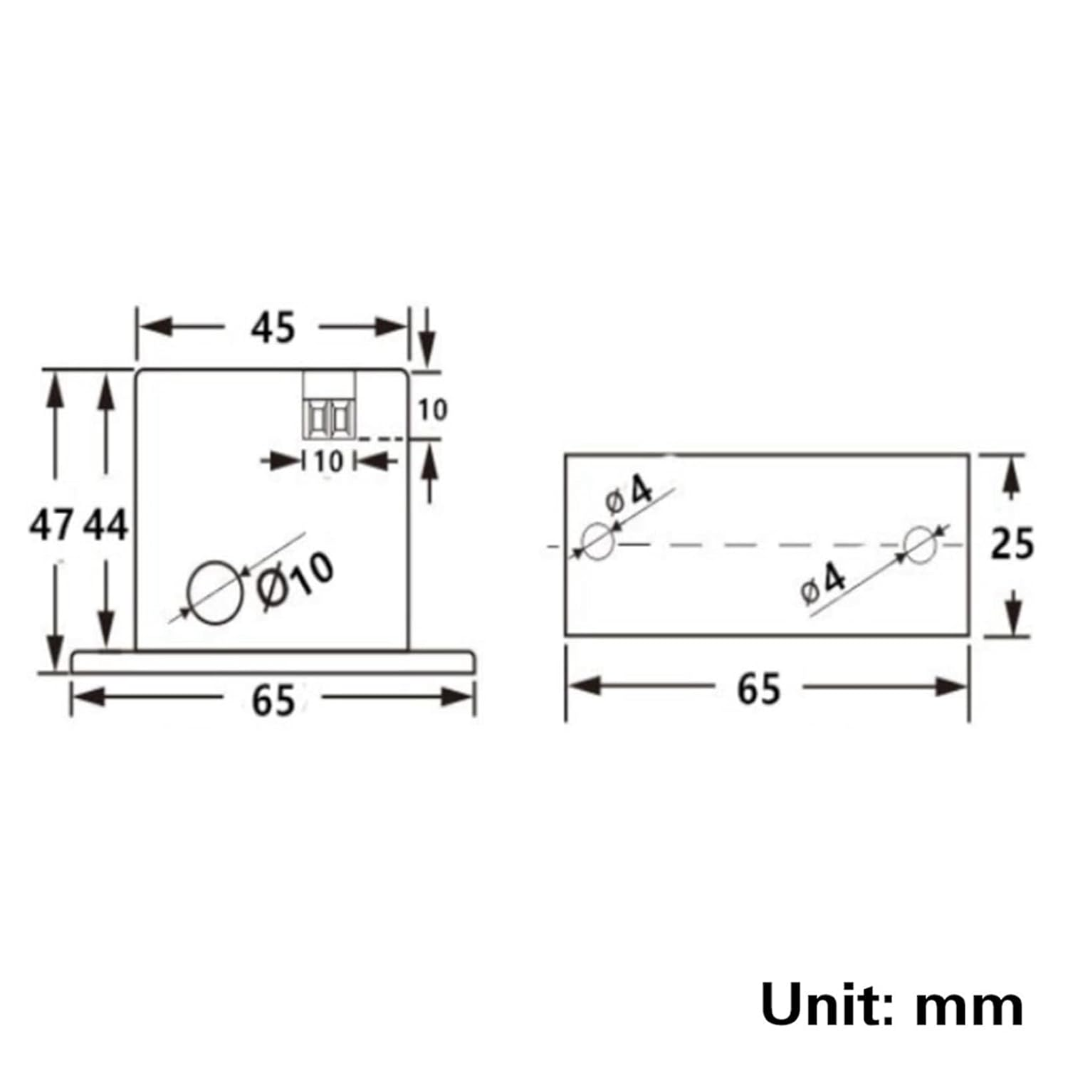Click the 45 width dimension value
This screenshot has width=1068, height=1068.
pos(273,328)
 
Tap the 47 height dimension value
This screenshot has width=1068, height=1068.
pos(51,526)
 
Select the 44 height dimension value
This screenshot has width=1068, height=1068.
pos(106,526)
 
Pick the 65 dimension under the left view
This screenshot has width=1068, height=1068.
pos(273,700)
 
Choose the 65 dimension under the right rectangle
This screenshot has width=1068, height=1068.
pos(759,689)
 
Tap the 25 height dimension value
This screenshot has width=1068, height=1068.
pos(1012,545)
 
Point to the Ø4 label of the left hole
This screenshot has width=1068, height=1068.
pos(629,495)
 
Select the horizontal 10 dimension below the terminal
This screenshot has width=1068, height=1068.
pos(329,462)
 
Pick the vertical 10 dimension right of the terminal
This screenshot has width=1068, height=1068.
pos(432,409)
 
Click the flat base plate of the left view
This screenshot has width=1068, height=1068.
pos(273,661)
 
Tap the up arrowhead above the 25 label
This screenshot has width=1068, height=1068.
pos(1011,476)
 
